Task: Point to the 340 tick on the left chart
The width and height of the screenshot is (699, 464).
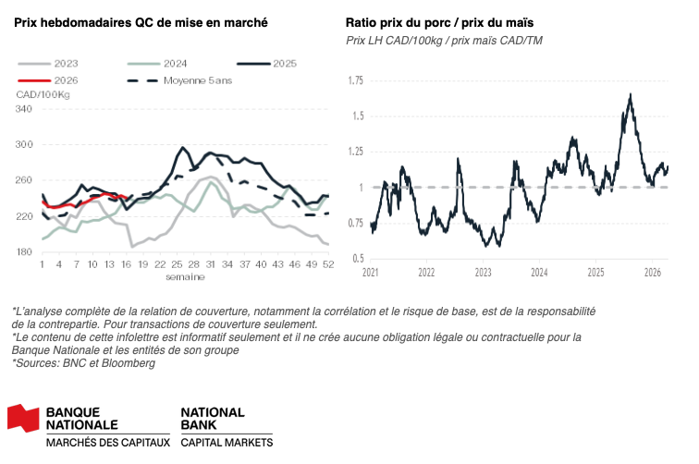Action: point(24,109)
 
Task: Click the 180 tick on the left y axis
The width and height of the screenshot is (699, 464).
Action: point(24,251)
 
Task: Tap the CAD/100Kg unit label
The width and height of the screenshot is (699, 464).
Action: point(43,95)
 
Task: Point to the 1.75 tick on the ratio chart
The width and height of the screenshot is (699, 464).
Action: point(354,81)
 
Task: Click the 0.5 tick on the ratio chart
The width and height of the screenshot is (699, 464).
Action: point(357,258)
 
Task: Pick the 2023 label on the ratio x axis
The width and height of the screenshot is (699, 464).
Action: point(483,274)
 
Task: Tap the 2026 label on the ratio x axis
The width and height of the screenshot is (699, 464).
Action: point(653,274)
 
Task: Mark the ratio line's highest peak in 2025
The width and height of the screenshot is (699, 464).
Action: point(630,94)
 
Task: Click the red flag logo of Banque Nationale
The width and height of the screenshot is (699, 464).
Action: point(23,418)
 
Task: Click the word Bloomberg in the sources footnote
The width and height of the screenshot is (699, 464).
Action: point(128,363)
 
